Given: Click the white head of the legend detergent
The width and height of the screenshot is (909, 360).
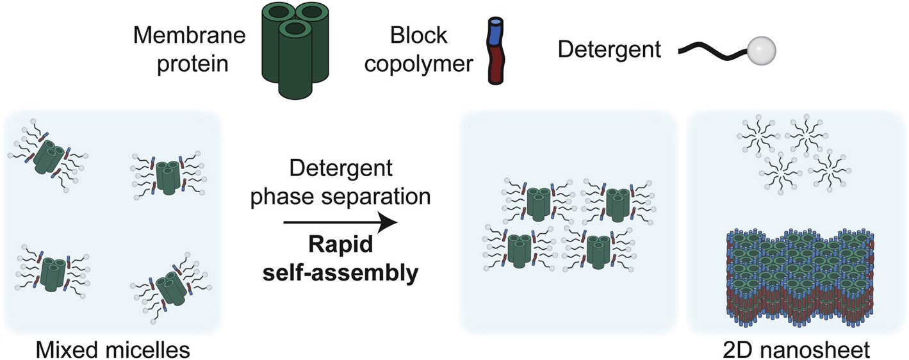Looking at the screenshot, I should pos(762,49).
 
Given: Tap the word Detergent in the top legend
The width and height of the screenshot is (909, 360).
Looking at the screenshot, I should pos(609,49).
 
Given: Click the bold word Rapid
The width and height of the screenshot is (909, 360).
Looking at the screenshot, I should pos(340,247).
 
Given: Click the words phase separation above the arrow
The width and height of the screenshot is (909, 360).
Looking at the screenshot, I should pos(340,197).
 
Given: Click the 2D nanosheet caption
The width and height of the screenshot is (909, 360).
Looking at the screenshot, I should pos(797,349).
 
